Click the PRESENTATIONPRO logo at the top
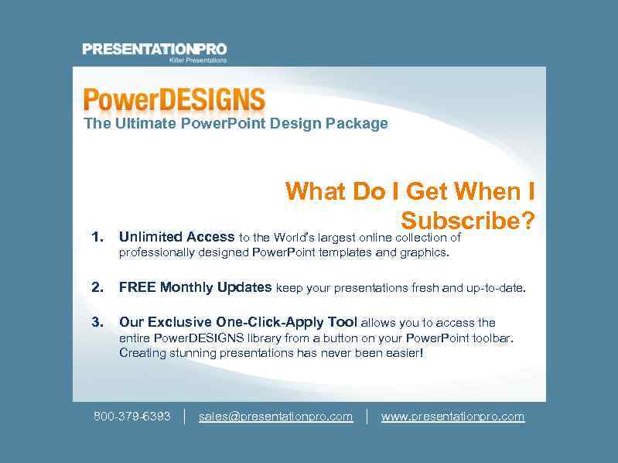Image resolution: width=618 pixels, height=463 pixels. (154, 50)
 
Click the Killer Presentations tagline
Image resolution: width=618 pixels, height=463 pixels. (198, 60)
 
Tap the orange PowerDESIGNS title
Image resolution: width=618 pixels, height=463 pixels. (174, 100)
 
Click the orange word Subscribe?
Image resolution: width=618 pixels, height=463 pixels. (468, 221)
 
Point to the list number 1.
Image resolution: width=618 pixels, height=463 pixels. (97, 237)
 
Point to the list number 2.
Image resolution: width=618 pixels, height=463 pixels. (97, 287)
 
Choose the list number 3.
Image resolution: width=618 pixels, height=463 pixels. (97, 322)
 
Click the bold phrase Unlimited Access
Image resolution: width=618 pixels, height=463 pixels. (176, 237)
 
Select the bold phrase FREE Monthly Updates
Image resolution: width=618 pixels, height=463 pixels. (195, 287)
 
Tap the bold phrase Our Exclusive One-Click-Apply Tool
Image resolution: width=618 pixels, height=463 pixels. (238, 322)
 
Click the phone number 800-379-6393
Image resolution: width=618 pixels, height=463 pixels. (132, 417)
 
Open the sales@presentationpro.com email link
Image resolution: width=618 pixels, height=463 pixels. (275, 417)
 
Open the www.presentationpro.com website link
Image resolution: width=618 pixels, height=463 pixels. (452, 417)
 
